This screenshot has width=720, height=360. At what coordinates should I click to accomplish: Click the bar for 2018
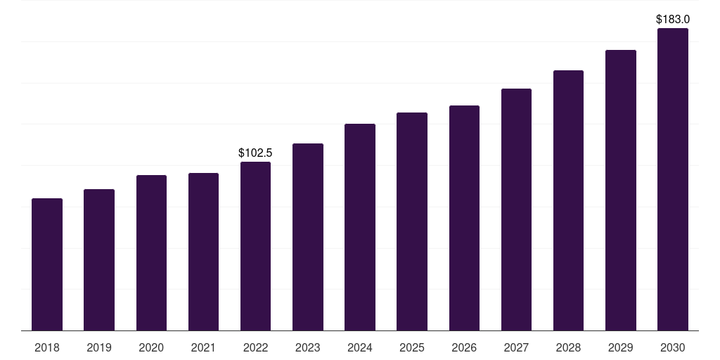[x=47, y=264]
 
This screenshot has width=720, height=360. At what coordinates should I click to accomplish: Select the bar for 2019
[x=99, y=260]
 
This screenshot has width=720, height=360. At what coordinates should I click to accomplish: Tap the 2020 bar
[x=151, y=253]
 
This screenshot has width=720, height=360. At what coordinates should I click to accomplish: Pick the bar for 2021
[x=203, y=252]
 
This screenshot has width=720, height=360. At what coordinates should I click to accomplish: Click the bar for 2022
[x=255, y=246]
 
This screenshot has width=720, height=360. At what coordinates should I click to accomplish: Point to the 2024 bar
[x=360, y=227]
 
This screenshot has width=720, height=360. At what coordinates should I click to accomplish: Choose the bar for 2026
[x=464, y=218]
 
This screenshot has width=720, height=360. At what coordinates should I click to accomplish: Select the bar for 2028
[x=568, y=200]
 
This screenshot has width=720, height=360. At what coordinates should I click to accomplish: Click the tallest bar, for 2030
[x=673, y=179]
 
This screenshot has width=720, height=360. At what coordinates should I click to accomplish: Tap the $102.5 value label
[x=255, y=153]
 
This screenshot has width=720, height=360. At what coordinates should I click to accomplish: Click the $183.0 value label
[x=673, y=19]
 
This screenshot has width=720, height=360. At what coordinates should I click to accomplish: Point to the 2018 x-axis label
[x=47, y=347]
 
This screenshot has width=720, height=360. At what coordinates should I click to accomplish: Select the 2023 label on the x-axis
[x=308, y=347]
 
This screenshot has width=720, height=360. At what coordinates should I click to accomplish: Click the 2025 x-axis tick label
[x=412, y=347]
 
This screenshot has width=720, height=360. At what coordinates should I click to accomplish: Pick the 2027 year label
[x=516, y=347]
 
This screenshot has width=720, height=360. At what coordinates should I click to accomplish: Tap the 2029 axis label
[x=620, y=347]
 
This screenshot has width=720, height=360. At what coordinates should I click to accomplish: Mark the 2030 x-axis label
[x=673, y=347]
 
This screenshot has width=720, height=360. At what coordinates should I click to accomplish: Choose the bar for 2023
[x=308, y=237]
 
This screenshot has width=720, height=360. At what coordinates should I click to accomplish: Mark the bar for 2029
[x=620, y=191]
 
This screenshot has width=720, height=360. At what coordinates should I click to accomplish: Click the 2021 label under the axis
[x=203, y=347]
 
